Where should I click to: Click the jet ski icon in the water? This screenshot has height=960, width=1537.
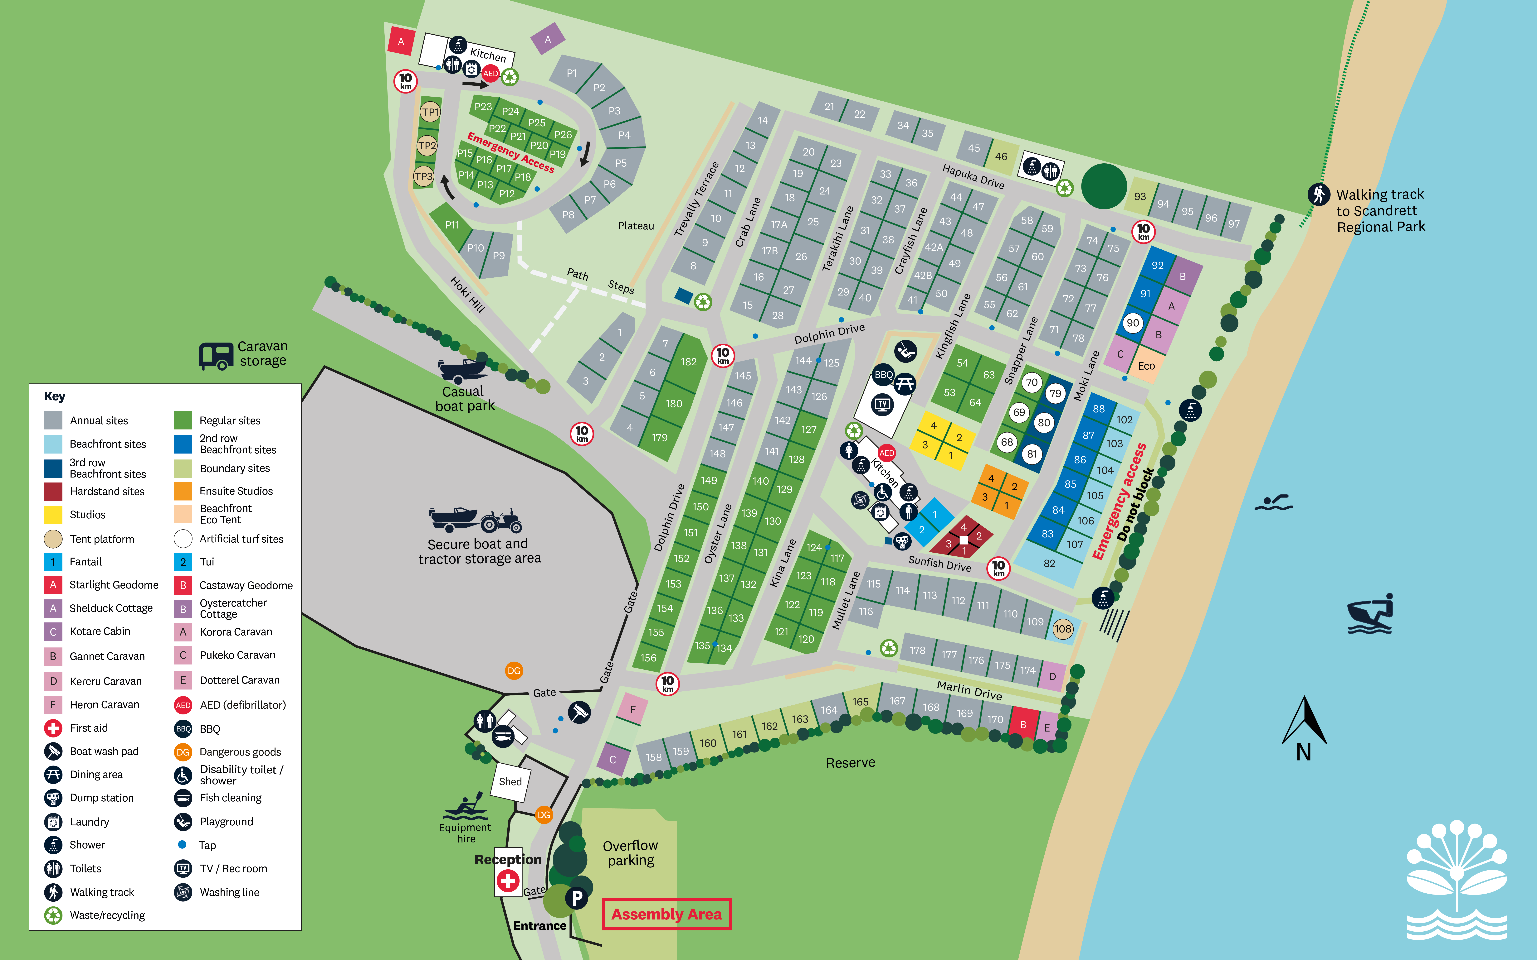1370,615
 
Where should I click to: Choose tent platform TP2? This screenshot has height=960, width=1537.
427,145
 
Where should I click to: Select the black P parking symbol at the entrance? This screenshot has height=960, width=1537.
577,898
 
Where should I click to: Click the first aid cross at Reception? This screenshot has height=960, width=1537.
507,881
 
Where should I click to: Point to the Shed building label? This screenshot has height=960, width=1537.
510,782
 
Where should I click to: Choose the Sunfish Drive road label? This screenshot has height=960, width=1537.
939,563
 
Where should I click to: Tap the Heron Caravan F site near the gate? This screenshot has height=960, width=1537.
632,709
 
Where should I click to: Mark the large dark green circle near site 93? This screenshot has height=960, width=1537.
1104,186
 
